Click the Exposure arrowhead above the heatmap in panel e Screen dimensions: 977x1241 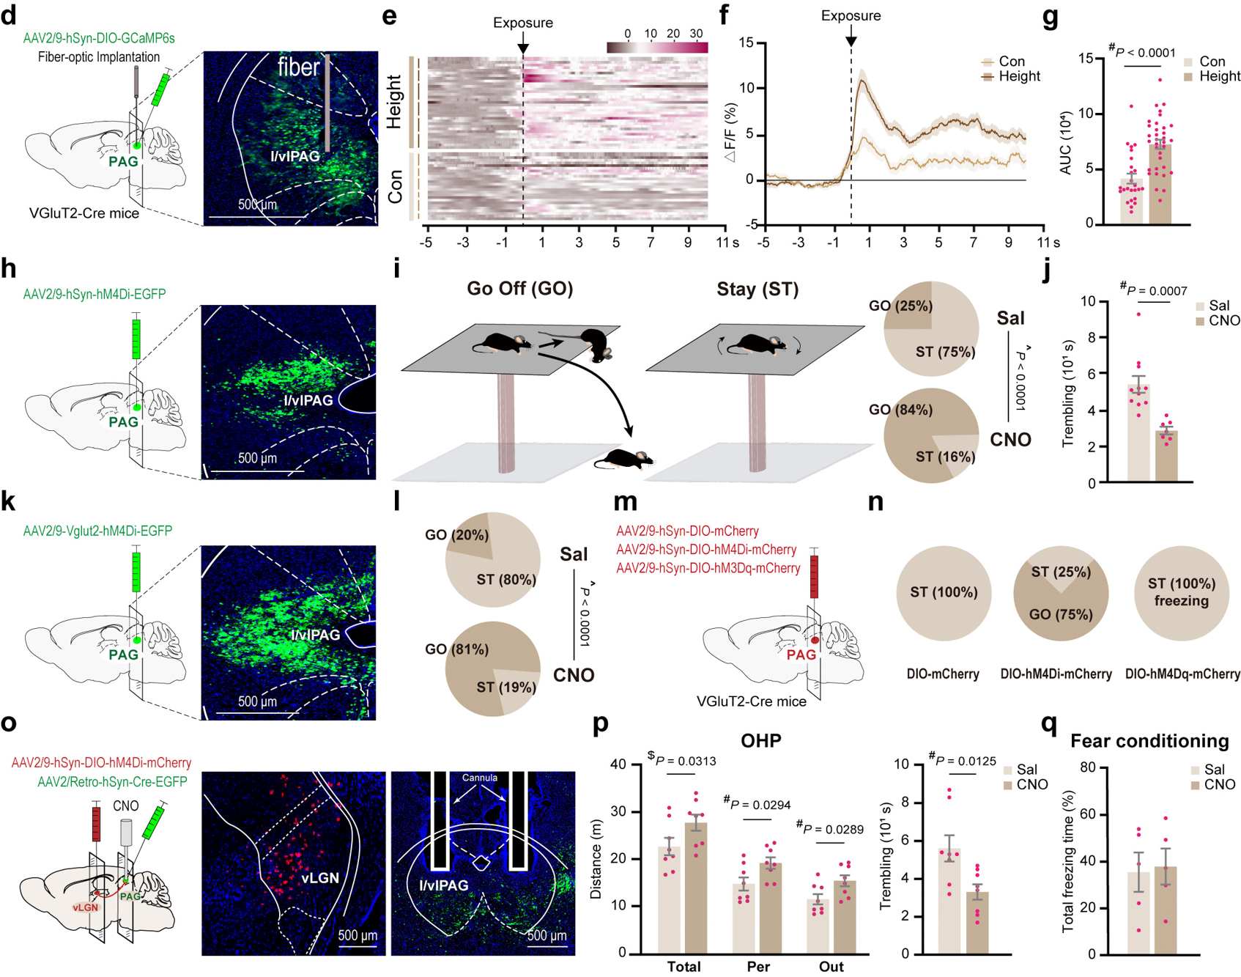(522, 48)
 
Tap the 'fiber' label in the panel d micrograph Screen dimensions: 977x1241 (298, 67)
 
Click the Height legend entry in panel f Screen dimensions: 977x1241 (1018, 76)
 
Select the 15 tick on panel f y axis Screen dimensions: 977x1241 (747, 43)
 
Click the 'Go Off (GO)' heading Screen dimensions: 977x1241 (519, 289)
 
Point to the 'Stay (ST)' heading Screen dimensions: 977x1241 (757, 289)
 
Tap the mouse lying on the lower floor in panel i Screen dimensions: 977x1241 (623, 459)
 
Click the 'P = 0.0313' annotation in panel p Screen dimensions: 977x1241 (686, 761)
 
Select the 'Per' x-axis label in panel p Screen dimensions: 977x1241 (758, 967)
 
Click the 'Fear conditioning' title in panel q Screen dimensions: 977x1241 (1149, 741)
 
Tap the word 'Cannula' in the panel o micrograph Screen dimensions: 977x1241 (479, 778)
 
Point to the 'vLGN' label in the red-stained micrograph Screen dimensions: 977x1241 (319, 877)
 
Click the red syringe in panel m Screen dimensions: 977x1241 (813, 575)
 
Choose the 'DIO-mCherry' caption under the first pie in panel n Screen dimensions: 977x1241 (943, 674)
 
